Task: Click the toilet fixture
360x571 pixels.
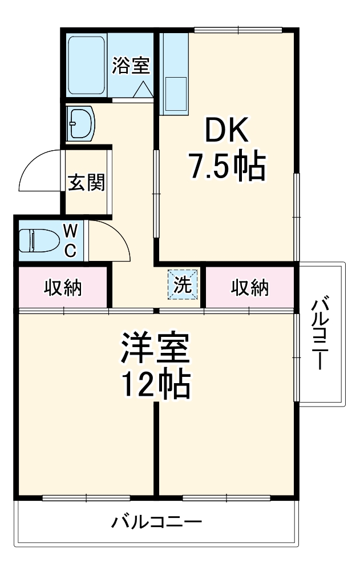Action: pos(38,240)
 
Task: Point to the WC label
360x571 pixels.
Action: pos(70,240)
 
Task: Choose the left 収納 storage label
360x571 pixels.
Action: pos(63,288)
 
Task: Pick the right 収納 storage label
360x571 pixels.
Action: pos(249,288)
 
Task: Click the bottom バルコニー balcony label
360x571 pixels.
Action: pos(156,522)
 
